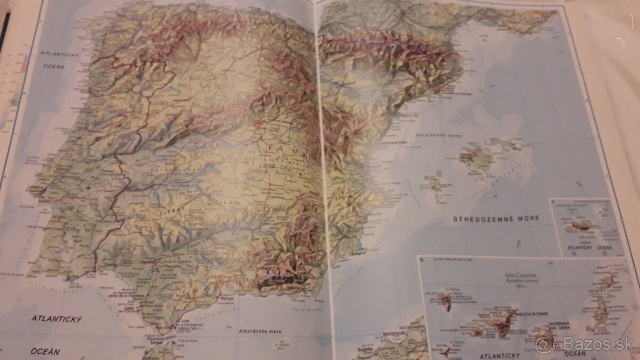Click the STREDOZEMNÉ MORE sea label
[x=496, y=218]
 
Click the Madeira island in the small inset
[x=580, y=227]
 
